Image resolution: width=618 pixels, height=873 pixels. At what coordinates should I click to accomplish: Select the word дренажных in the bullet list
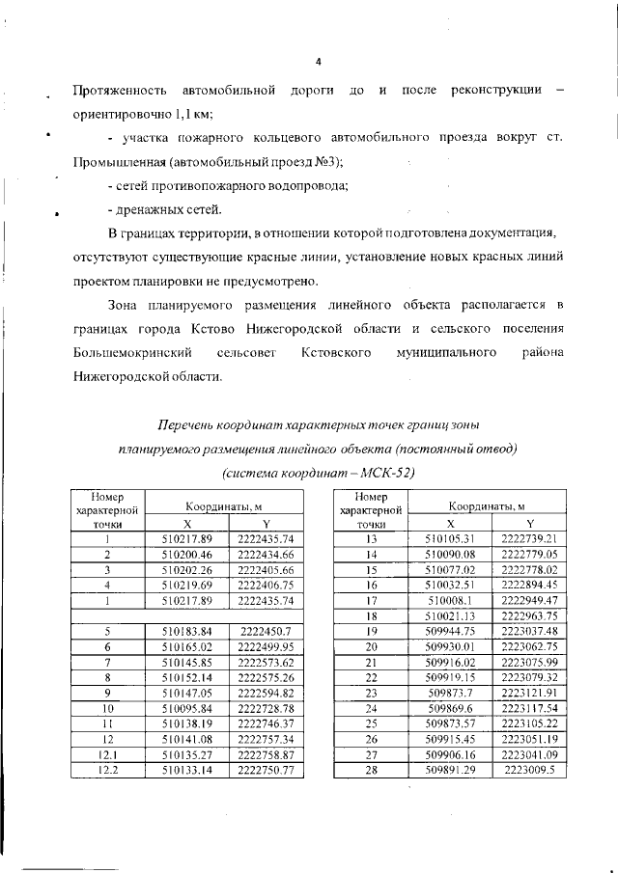click(154, 210)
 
